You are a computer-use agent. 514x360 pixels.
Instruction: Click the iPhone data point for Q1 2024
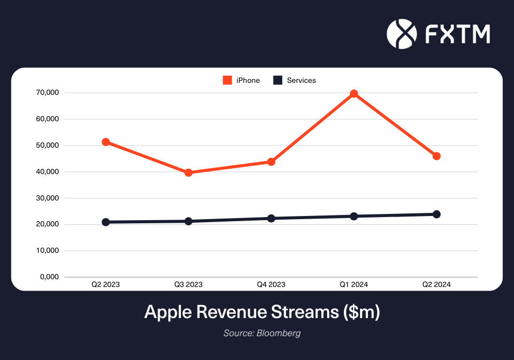pos(354,94)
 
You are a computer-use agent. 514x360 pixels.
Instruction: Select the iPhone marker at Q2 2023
pos(106,142)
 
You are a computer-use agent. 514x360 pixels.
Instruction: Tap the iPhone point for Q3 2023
pos(189,172)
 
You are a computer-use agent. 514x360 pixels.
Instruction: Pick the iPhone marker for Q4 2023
pos(271,162)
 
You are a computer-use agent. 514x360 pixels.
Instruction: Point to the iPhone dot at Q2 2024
pos(437,156)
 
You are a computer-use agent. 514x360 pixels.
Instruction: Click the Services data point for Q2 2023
pos(106,222)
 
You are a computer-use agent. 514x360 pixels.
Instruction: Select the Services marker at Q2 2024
pos(437,214)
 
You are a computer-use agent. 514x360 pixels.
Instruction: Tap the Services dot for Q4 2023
pos(271,218)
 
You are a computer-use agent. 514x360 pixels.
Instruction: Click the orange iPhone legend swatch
pos(227,80)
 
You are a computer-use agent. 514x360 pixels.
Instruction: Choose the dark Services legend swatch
pos(278,80)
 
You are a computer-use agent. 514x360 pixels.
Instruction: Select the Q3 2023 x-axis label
pos(189,284)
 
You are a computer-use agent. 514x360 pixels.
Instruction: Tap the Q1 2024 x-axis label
pos(354,284)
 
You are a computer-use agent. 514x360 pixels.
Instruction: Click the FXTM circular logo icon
pos(402,33)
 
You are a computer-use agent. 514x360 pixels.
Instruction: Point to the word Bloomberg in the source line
pos(278,333)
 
